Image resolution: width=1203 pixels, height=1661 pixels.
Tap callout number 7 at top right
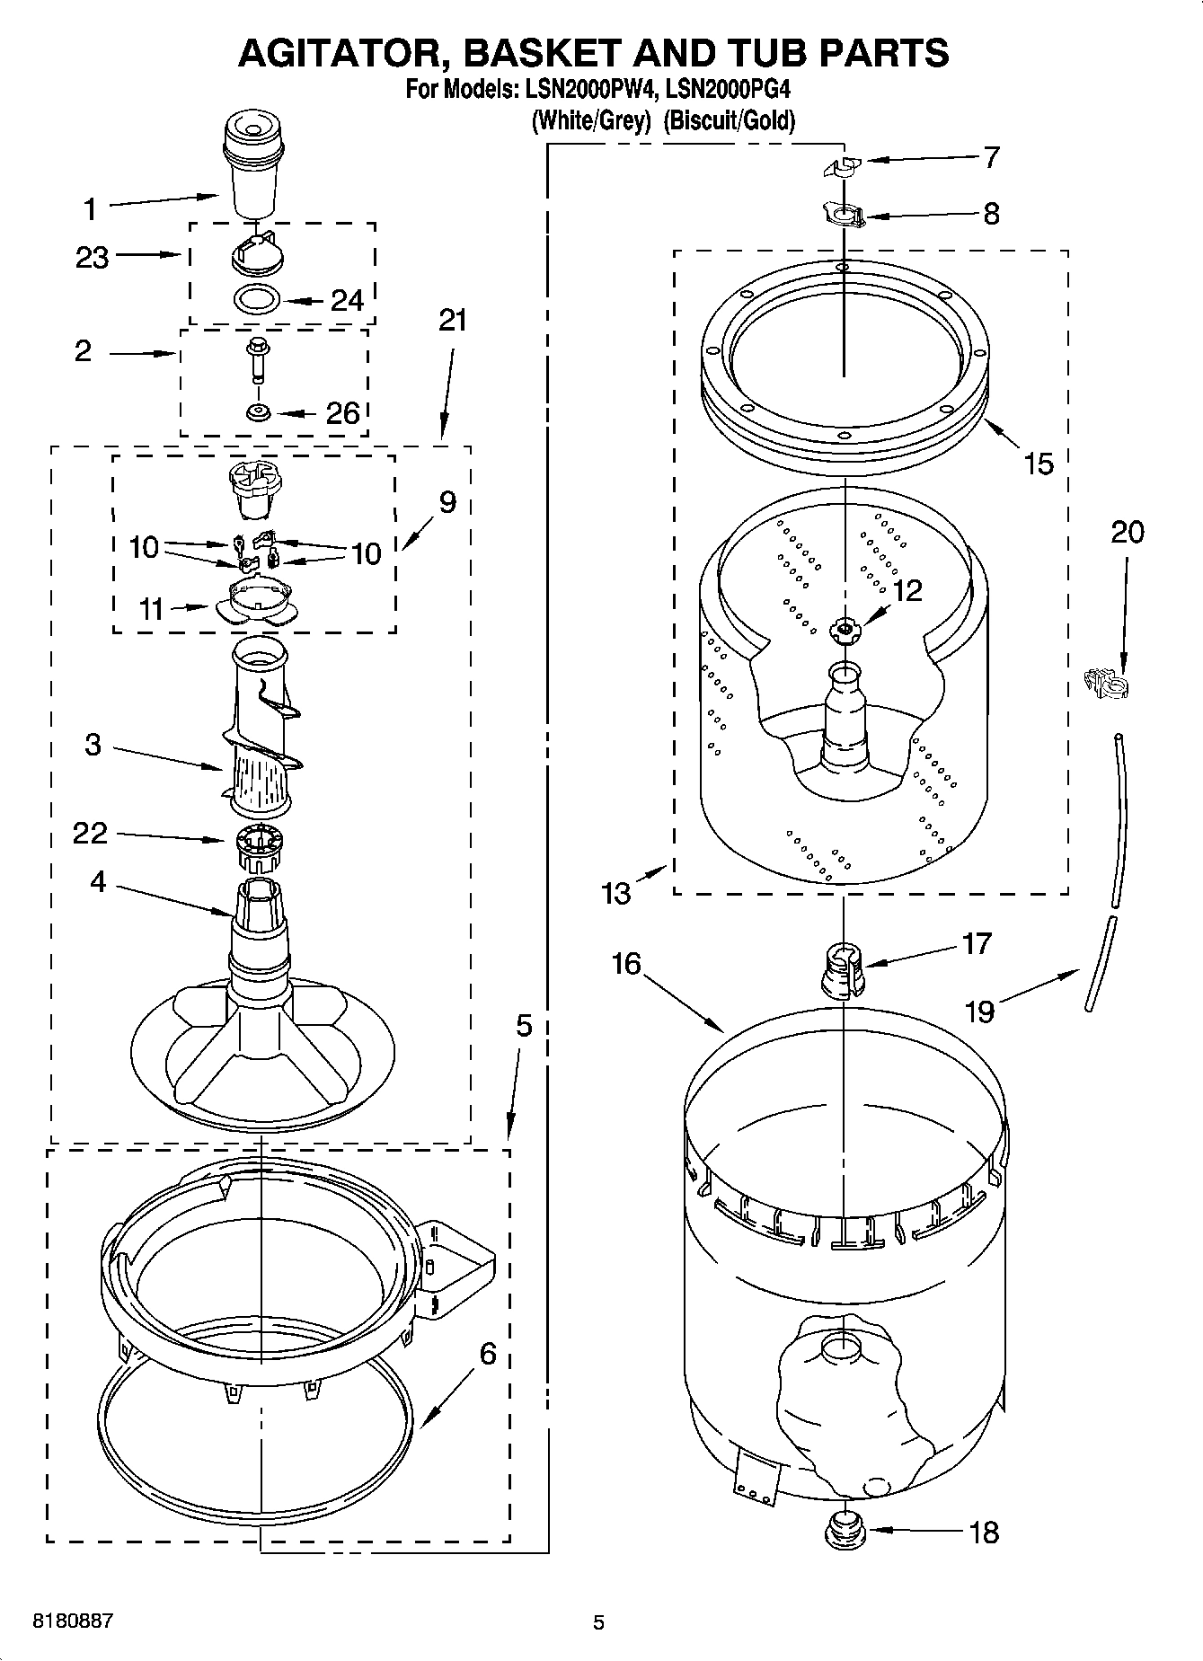tap(991, 157)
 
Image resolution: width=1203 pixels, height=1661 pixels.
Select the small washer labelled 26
tap(259, 413)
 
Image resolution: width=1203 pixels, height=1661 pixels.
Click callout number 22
tap(90, 833)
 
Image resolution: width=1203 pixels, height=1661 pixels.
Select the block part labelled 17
tap(842, 969)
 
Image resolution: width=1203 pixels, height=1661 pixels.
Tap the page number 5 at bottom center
tap(598, 1622)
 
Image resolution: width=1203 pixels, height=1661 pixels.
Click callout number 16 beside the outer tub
tap(625, 964)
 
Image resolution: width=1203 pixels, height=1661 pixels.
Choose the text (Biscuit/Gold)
tap(729, 120)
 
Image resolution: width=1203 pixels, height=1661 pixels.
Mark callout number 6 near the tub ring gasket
tap(487, 1353)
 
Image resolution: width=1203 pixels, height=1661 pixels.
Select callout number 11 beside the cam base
tap(151, 609)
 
